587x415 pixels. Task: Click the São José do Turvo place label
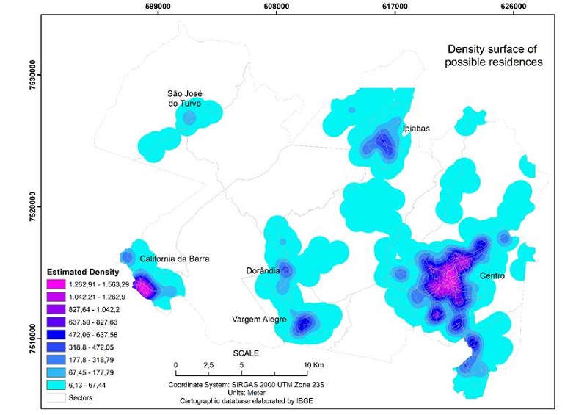[x=184, y=98]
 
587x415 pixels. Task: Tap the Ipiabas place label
[x=416, y=129]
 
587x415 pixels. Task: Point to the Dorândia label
[x=263, y=270]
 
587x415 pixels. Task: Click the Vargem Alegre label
[x=258, y=319]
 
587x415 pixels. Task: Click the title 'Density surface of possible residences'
[x=493, y=55]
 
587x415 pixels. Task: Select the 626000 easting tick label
[x=513, y=7]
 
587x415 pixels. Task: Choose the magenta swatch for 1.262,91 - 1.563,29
[x=56, y=284]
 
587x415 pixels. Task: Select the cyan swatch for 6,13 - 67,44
[x=56, y=384]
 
